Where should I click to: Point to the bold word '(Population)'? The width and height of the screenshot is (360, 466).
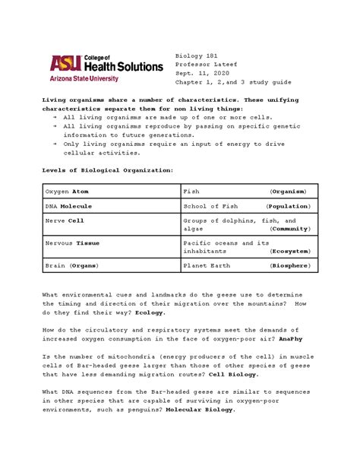pyautogui.click(x=288, y=206)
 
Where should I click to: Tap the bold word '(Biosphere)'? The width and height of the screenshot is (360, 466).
pyautogui.click(x=289, y=266)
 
